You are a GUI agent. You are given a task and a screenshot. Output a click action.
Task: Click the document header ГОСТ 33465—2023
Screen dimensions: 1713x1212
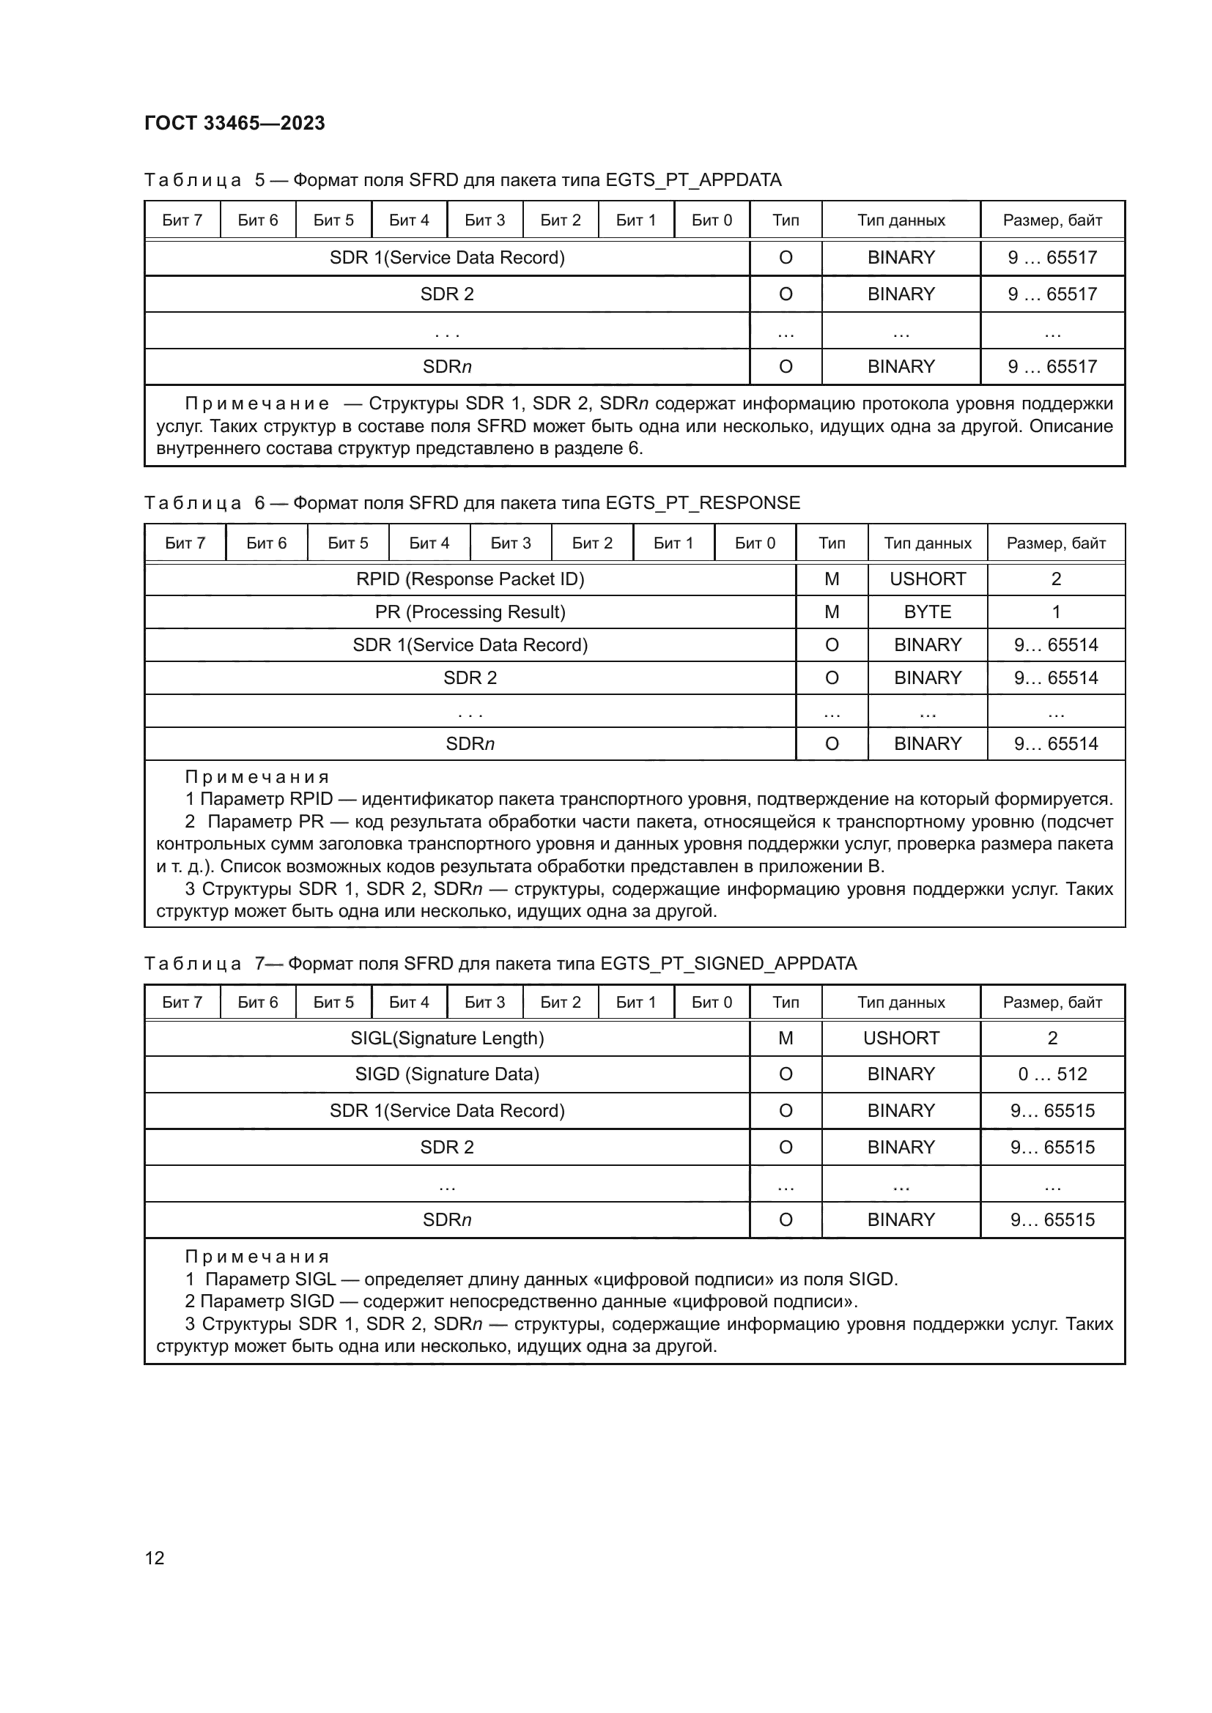234,123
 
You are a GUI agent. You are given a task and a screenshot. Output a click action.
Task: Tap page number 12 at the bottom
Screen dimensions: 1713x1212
155,1557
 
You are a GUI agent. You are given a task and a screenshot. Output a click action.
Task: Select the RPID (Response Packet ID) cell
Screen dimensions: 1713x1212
470,579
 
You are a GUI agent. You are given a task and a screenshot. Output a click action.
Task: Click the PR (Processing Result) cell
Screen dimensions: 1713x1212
470,612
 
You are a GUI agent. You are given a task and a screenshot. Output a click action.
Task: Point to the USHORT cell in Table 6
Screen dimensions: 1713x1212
927,579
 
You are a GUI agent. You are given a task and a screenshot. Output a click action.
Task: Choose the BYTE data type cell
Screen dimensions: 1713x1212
927,612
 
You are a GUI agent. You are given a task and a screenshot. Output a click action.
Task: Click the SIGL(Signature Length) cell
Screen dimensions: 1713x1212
446,1038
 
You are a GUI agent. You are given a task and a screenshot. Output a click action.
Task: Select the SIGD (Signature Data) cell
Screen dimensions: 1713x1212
446,1074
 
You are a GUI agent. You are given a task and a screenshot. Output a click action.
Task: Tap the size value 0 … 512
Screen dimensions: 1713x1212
1052,1074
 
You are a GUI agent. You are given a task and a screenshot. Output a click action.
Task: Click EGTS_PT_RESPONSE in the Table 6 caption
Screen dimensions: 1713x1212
702,503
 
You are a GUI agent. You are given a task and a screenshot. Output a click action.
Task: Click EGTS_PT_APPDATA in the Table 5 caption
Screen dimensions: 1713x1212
693,180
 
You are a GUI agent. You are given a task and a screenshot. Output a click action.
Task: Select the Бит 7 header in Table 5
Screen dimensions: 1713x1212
182,220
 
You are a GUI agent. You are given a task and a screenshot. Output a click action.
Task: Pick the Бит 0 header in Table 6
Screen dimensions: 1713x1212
755,543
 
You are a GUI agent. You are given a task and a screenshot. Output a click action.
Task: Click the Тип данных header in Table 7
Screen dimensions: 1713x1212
900,1002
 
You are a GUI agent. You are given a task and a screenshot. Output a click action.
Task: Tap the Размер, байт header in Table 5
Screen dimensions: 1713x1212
1052,220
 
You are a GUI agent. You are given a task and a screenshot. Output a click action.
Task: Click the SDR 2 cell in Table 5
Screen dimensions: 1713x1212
446,294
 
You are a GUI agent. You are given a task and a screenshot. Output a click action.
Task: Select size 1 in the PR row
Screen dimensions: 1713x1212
1055,612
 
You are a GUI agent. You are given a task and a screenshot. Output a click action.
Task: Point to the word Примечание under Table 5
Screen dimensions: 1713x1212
256,404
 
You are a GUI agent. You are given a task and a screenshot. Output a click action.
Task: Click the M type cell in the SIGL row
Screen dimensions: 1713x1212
785,1038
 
